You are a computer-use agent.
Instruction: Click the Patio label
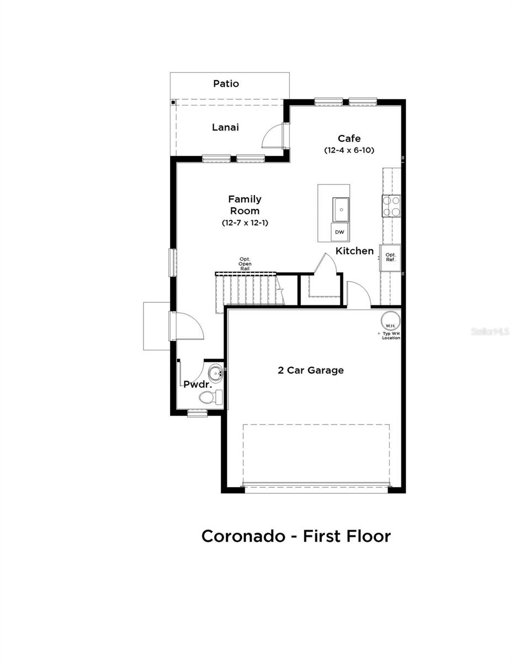[x=226, y=84]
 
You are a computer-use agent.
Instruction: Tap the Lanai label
[x=226, y=128]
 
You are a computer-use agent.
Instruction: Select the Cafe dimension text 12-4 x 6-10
[x=349, y=150]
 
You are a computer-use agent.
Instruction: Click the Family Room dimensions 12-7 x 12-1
[x=244, y=223]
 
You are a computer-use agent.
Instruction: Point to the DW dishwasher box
[x=339, y=232]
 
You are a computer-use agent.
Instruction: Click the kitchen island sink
[x=340, y=209]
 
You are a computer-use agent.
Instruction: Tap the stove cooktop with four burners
[x=391, y=206]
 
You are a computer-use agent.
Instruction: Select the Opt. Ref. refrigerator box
[x=391, y=257]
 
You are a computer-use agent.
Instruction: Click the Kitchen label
[x=355, y=251]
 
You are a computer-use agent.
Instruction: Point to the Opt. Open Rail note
[x=245, y=264]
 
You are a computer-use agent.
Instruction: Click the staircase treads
[x=248, y=288]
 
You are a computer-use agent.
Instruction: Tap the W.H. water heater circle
[x=390, y=322]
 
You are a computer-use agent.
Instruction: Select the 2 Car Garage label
[x=311, y=370]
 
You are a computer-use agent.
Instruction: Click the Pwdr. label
[x=194, y=384]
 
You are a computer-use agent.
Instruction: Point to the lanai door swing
[x=272, y=136]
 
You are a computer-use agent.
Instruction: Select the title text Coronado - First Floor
[x=296, y=536]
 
